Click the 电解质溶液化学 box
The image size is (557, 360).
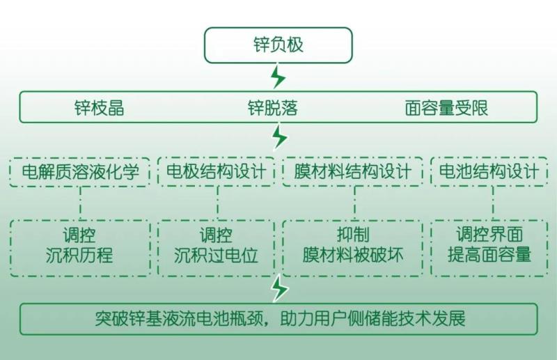tap(80, 171)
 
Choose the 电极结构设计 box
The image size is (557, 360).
tap(217, 171)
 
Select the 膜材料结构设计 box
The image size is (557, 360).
tap(352, 171)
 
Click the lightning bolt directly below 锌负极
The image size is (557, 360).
tap(278, 76)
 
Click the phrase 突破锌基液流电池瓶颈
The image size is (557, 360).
tap(182, 319)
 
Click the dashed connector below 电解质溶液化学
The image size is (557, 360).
tap(80, 203)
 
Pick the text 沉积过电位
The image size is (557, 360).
tap(217, 256)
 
